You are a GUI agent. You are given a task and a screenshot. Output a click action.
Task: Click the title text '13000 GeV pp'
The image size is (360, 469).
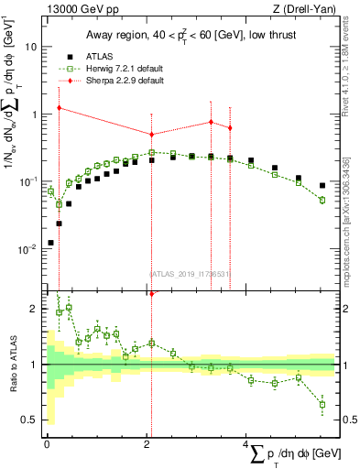click(74, 9)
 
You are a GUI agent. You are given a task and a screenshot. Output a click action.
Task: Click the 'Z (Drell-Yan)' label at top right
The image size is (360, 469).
click(295, 9)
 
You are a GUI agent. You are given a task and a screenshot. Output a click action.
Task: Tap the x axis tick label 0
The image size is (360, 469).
click(47, 444)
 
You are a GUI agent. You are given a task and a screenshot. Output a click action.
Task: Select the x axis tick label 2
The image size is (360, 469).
click(147, 444)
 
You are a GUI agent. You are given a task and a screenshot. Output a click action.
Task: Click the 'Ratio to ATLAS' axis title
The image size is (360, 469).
click(11, 366)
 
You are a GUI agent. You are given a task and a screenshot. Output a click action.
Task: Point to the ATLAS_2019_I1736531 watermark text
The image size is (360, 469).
click(190, 272)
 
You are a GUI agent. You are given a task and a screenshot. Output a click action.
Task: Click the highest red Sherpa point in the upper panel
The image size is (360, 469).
click(60, 108)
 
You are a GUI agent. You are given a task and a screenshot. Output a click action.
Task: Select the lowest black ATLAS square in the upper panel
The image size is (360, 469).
click(49, 243)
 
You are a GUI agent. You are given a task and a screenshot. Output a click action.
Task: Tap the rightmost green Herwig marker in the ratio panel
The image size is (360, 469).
click(322, 404)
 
